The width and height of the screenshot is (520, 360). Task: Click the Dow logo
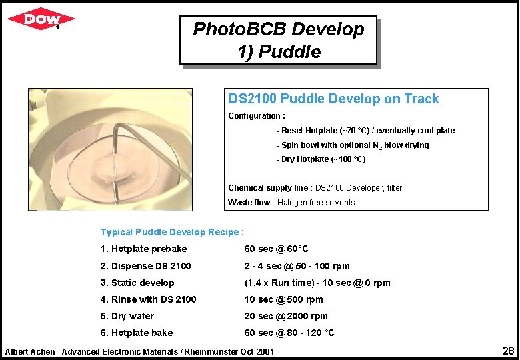click(41, 19)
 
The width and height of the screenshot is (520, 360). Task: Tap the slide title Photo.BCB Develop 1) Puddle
click(279, 40)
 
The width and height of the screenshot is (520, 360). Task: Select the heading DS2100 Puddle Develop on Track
click(333, 99)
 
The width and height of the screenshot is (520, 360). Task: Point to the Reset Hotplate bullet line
click(367, 131)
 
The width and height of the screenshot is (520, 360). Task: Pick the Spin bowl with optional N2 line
click(355, 145)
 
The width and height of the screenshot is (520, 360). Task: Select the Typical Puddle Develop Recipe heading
click(172, 232)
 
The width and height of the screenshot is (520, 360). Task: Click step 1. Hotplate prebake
click(143, 249)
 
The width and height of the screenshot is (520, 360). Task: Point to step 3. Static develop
click(137, 283)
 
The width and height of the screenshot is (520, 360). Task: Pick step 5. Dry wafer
click(127, 316)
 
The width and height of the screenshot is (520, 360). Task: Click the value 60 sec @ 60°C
click(277, 249)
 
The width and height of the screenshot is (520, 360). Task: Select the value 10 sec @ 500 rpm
click(284, 299)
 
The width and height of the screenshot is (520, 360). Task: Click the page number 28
click(507, 351)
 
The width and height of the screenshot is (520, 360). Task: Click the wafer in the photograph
click(127, 167)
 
